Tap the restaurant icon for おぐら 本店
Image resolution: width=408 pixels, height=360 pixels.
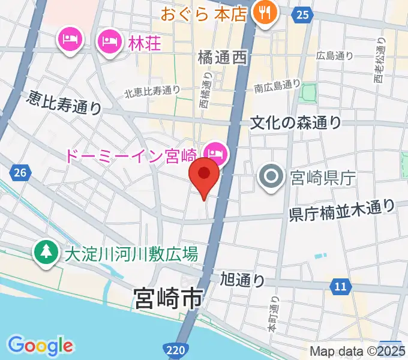264,11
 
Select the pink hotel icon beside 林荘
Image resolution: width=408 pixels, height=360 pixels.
109,41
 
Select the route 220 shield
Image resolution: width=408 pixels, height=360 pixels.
173,348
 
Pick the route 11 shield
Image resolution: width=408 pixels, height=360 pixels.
340,287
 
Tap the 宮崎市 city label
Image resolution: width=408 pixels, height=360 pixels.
169,298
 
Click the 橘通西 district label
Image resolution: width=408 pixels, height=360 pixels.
222,58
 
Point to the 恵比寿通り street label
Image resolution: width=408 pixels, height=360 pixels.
64,103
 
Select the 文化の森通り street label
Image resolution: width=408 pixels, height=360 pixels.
296,122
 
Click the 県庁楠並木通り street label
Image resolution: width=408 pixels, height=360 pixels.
343,211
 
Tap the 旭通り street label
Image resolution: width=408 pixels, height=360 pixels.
242,278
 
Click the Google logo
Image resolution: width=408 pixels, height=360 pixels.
40,345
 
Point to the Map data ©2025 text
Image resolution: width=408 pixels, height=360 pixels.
358,352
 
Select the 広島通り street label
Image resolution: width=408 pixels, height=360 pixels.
335,56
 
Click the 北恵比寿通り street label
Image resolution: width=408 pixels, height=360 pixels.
152,92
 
